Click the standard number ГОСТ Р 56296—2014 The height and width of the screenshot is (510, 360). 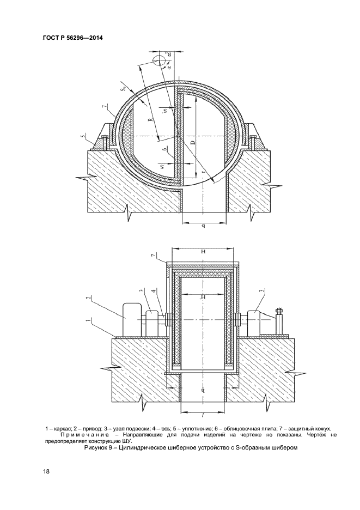(72, 38)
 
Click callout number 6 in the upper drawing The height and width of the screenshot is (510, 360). (166, 149)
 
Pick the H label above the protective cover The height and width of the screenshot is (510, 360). (203, 252)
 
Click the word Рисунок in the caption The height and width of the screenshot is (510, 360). (96, 448)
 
